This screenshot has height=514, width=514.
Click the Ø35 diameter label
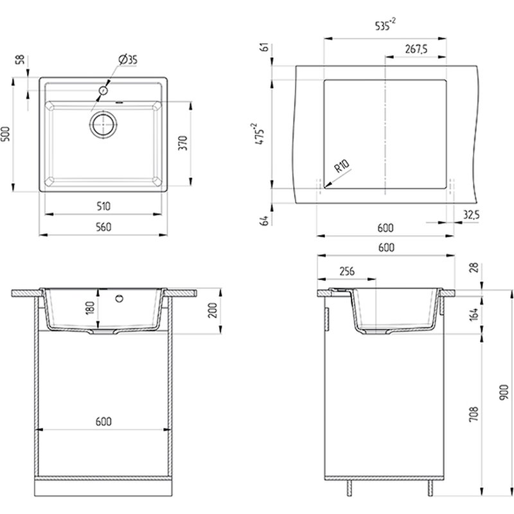click(128, 60)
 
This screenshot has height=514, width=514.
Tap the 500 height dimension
click(6, 134)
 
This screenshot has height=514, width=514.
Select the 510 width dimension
click(103, 206)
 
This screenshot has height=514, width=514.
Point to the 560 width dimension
click(103, 227)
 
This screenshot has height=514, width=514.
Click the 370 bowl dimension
click(183, 143)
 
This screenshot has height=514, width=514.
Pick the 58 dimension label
click(20, 59)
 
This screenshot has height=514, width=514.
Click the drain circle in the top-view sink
click(103, 124)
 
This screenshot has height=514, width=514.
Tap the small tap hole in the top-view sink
click(103, 90)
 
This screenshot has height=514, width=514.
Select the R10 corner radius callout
click(342, 166)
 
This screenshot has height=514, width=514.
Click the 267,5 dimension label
click(416, 49)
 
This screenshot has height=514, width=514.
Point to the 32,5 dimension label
click(472, 215)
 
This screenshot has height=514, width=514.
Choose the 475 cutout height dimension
click(259, 134)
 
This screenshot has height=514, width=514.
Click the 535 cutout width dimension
click(385, 25)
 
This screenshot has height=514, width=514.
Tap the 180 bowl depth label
click(90, 308)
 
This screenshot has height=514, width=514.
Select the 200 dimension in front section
click(213, 310)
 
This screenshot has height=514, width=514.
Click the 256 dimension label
click(347, 271)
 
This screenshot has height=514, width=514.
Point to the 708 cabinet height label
click(474, 414)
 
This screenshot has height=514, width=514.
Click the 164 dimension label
click(474, 314)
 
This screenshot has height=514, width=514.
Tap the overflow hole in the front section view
click(120, 298)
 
